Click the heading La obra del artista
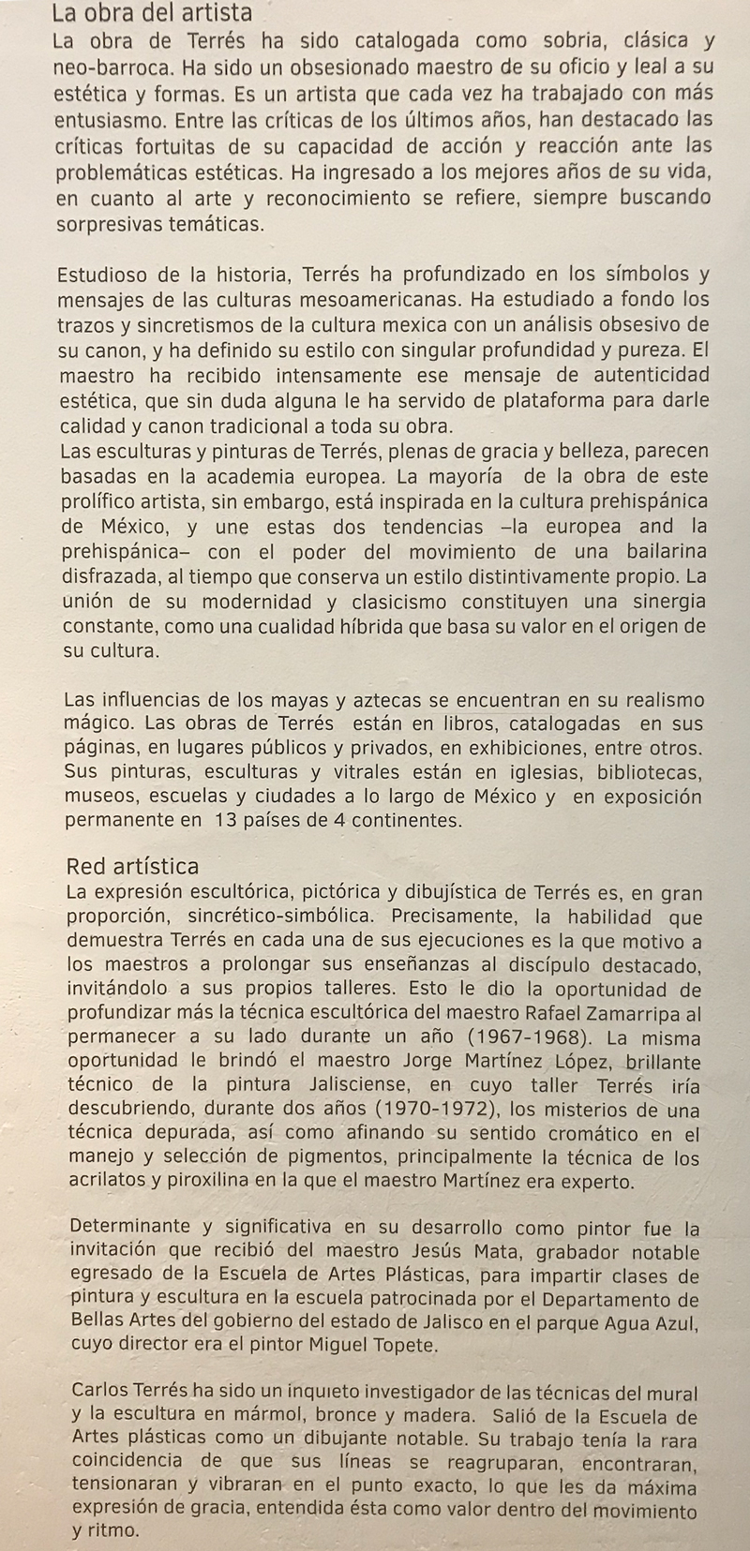[152, 13]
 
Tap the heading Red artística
[132, 866]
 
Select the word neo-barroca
[110, 67]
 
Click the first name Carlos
[100, 1394]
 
